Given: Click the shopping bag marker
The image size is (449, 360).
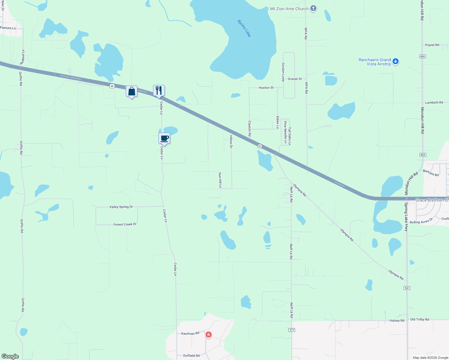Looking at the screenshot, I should click(132, 91).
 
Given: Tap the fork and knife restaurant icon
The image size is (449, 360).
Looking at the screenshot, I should click(159, 90).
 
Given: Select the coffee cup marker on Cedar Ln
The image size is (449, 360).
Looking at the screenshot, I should click(164, 138).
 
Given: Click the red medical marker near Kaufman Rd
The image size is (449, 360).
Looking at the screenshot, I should click(209, 334).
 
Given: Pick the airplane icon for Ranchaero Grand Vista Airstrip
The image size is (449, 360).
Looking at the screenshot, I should click(396, 61).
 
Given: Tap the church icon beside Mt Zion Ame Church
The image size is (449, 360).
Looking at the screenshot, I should click(313, 8).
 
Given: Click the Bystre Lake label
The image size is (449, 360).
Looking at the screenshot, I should click(244, 28).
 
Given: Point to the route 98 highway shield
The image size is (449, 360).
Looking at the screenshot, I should click(112, 86).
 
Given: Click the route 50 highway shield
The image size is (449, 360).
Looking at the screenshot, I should click(260, 146).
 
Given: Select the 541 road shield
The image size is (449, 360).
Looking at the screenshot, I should click(407, 288).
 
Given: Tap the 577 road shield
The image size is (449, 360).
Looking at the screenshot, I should click(292, 330).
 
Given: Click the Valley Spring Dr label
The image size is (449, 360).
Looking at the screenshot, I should click(121, 207).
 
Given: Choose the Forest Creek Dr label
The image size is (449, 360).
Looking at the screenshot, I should click(125, 224).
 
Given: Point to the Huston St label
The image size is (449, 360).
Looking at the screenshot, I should click(266, 88).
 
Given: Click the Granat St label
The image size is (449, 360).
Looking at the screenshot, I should click(295, 79).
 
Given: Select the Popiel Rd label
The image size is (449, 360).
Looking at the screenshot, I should click(432, 45).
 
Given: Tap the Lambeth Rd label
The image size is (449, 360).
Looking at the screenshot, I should click(434, 103).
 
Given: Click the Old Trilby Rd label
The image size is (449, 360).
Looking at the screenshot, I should click(420, 319).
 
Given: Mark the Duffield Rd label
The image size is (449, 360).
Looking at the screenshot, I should click(191, 356).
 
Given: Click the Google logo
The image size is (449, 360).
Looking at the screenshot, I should click(10, 356).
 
